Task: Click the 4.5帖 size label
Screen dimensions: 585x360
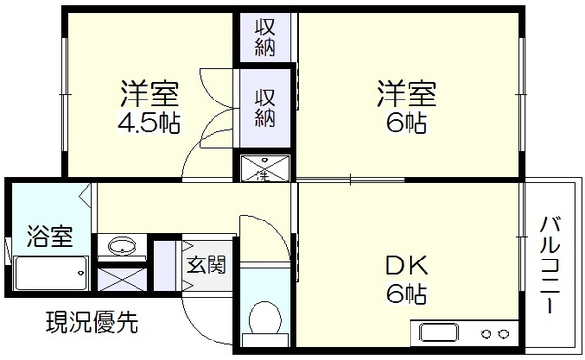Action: [x=149, y=123]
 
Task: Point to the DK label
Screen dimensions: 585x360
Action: [x=407, y=266]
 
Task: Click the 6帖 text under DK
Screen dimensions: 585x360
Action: [x=407, y=294]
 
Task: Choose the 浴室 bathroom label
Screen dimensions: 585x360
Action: [x=50, y=236]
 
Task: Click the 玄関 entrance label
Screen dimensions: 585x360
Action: [x=207, y=264]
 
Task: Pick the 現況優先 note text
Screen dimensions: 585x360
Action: [x=93, y=322]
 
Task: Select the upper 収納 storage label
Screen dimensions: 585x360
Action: [x=265, y=37]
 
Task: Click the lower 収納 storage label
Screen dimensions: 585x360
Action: [x=265, y=108]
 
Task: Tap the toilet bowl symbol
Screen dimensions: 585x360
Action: [x=264, y=318]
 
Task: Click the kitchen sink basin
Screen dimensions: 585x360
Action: [x=440, y=333]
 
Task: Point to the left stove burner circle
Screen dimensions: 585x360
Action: [x=487, y=333]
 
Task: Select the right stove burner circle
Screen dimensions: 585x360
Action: [x=503, y=333]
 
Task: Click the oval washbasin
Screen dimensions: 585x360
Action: [x=122, y=246]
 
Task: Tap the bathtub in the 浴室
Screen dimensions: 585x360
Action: [x=51, y=273]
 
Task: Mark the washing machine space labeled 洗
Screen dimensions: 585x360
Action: [x=264, y=169]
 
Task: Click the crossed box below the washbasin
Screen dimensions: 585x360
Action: [x=122, y=279]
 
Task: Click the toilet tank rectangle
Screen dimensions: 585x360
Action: [x=265, y=340]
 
